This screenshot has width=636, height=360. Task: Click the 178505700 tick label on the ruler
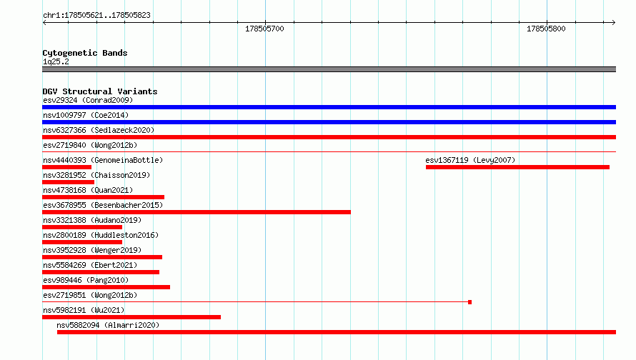[x=264, y=29]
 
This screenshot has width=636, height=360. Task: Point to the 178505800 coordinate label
[x=546, y=29]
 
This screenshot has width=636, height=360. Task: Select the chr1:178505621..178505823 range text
[x=96, y=15]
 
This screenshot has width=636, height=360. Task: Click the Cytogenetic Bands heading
[x=85, y=53]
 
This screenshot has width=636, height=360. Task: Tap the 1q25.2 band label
[x=56, y=61]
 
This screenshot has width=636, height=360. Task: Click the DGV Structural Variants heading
[x=100, y=91]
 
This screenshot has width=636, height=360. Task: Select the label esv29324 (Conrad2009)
[x=88, y=100]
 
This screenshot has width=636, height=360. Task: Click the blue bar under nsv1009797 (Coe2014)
[x=329, y=122]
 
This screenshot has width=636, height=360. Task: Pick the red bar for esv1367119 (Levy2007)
[x=517, y=167]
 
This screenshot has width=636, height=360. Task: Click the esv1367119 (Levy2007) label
[x=470, y=160]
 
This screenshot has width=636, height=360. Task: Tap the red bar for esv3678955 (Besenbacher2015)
[x=197, y=212]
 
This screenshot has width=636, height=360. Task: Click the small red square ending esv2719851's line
[x=469, y=302]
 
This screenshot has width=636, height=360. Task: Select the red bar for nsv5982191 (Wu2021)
[x=131, y=317]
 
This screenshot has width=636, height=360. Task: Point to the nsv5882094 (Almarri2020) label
[x=108, y=325]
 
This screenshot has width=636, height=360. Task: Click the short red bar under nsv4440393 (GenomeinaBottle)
[x=67, y=167]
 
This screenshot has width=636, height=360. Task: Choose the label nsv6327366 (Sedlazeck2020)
[x=99, y=130]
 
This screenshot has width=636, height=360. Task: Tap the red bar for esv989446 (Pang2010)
[x=106, y=287]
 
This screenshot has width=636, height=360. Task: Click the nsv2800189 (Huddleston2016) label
[x=101, y=235]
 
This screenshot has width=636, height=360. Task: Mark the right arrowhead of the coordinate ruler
[x=614, y=22]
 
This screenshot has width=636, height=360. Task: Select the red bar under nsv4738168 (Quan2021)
[x=104, y=197]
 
